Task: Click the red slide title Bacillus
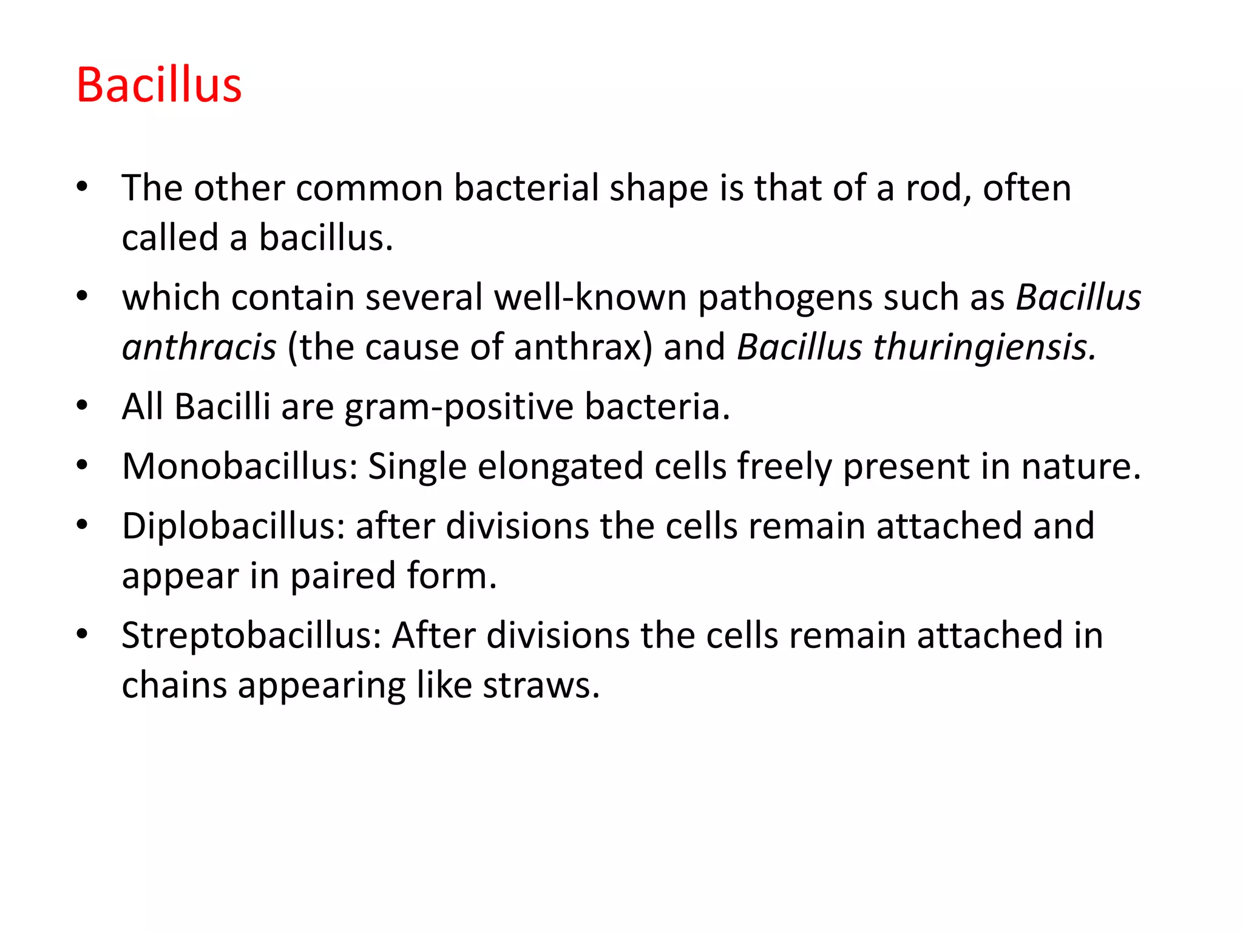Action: click(159, 85)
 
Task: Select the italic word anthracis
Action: click(199, 347)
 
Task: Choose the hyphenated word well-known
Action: click(590, 297)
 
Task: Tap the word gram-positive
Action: click(459, 408)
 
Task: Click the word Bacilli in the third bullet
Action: click(222, 407)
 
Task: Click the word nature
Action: click(1080, 467)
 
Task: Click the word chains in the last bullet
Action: click(174, 686)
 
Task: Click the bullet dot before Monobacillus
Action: click(83, 465)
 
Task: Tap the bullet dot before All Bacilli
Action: click(83, 405)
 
